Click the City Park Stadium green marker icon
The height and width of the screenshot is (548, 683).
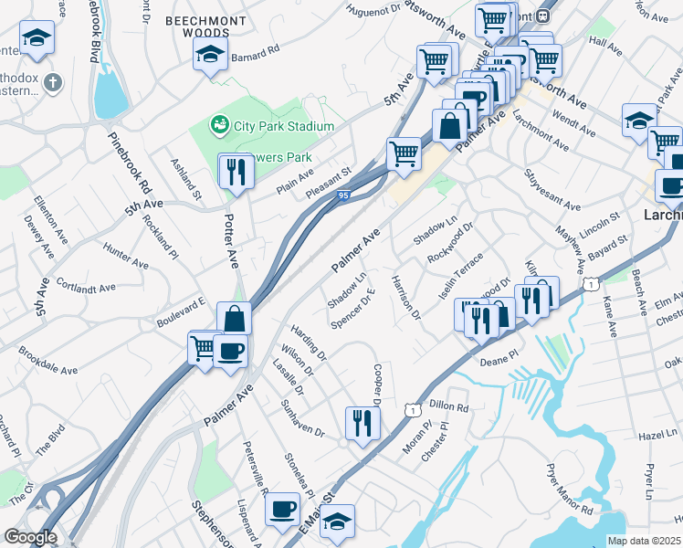click(x=218, y=123)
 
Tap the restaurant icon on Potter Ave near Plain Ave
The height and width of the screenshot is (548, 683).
click(x=236, y=171)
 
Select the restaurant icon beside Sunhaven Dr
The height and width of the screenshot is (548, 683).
click(x=363, y=423)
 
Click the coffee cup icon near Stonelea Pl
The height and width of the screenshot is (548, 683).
click(x=283, y=508)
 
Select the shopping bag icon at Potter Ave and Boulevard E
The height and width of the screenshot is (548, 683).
click(x=235, y=319)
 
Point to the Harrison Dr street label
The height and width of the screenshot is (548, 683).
click(x=405, y=298)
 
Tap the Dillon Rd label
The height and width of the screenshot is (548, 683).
click(x=448, y=407)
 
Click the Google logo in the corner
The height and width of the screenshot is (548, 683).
click(x=30, y=537)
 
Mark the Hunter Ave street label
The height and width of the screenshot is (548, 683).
click(x=125, y=256)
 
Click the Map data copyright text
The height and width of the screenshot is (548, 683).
click(x=644, y=541)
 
